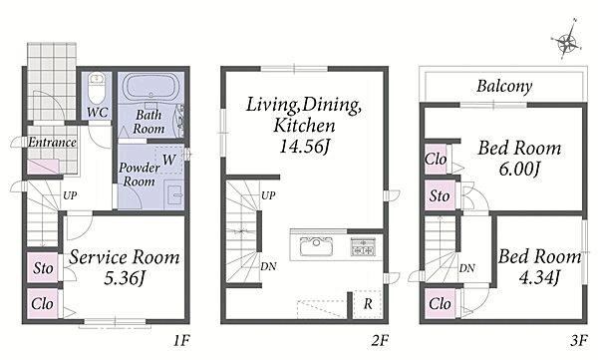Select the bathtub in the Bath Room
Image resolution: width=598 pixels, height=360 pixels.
(151, 87)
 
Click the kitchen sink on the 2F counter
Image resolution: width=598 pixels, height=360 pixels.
(316, 246)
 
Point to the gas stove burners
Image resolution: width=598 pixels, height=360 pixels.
(363, 246)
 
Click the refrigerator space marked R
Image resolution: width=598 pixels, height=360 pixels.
(367, 304)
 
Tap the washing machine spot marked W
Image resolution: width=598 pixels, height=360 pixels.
(169, 160)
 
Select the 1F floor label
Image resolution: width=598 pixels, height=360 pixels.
(181, 340)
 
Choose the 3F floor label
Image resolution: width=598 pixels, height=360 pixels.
(579, 340)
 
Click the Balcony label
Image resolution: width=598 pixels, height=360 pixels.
(504, 86)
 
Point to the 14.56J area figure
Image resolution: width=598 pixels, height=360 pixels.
(304, 146)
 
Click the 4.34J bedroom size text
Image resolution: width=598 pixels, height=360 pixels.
(539, 276)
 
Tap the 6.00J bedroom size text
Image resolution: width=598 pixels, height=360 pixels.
(519, 169)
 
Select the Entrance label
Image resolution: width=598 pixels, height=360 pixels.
(52, 143)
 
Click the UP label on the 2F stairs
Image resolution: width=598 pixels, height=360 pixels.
(268, 195)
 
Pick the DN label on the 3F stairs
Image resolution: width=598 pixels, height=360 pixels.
(467, 268)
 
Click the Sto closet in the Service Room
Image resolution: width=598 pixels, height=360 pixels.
(42, 267)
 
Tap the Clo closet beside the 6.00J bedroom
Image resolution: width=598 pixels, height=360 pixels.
(436, 160)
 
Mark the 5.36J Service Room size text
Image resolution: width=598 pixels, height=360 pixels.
(125, 278)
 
